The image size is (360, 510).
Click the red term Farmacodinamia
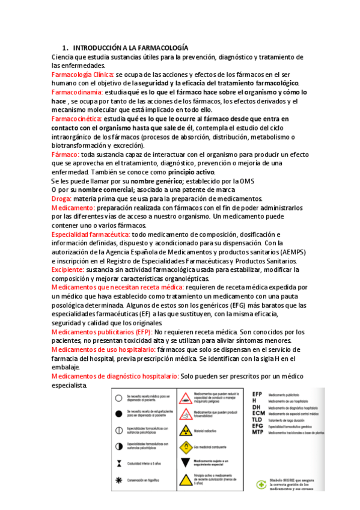click(x=78, y=93)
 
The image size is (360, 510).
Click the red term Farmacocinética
click(x=77, y=119)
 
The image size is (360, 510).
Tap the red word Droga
click(x=61, y=198)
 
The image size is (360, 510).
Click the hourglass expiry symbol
click(x=119, y=463)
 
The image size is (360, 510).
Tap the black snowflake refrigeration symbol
click(x=119, y=481)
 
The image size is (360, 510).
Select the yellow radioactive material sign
click(x=186, y=431)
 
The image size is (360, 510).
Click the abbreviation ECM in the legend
click(x=258, y=414)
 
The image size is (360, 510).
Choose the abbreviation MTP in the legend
click(x=258, y=432)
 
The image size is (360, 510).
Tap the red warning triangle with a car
click(x=186, y=398)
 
